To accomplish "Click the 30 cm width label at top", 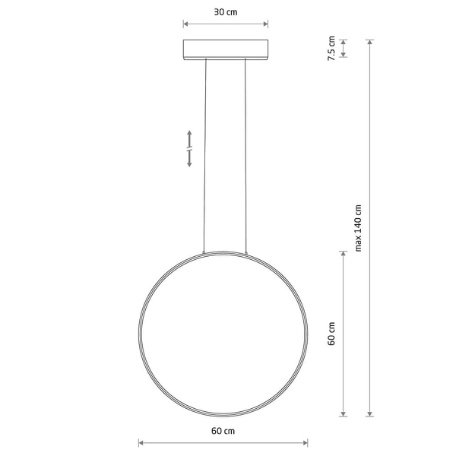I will (226, 13).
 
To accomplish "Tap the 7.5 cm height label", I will (331, 49).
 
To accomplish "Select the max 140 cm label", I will (358, 228).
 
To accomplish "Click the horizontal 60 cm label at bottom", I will (223, 431).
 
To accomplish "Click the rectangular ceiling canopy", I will (226, 49).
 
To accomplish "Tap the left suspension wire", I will (205, 152).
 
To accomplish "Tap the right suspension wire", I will (246, 152).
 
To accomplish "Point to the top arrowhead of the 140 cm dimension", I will (370, 42).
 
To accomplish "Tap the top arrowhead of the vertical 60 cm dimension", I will (344, 252).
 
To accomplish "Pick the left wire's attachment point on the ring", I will (204, 252).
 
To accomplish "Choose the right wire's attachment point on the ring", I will (246, 252).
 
